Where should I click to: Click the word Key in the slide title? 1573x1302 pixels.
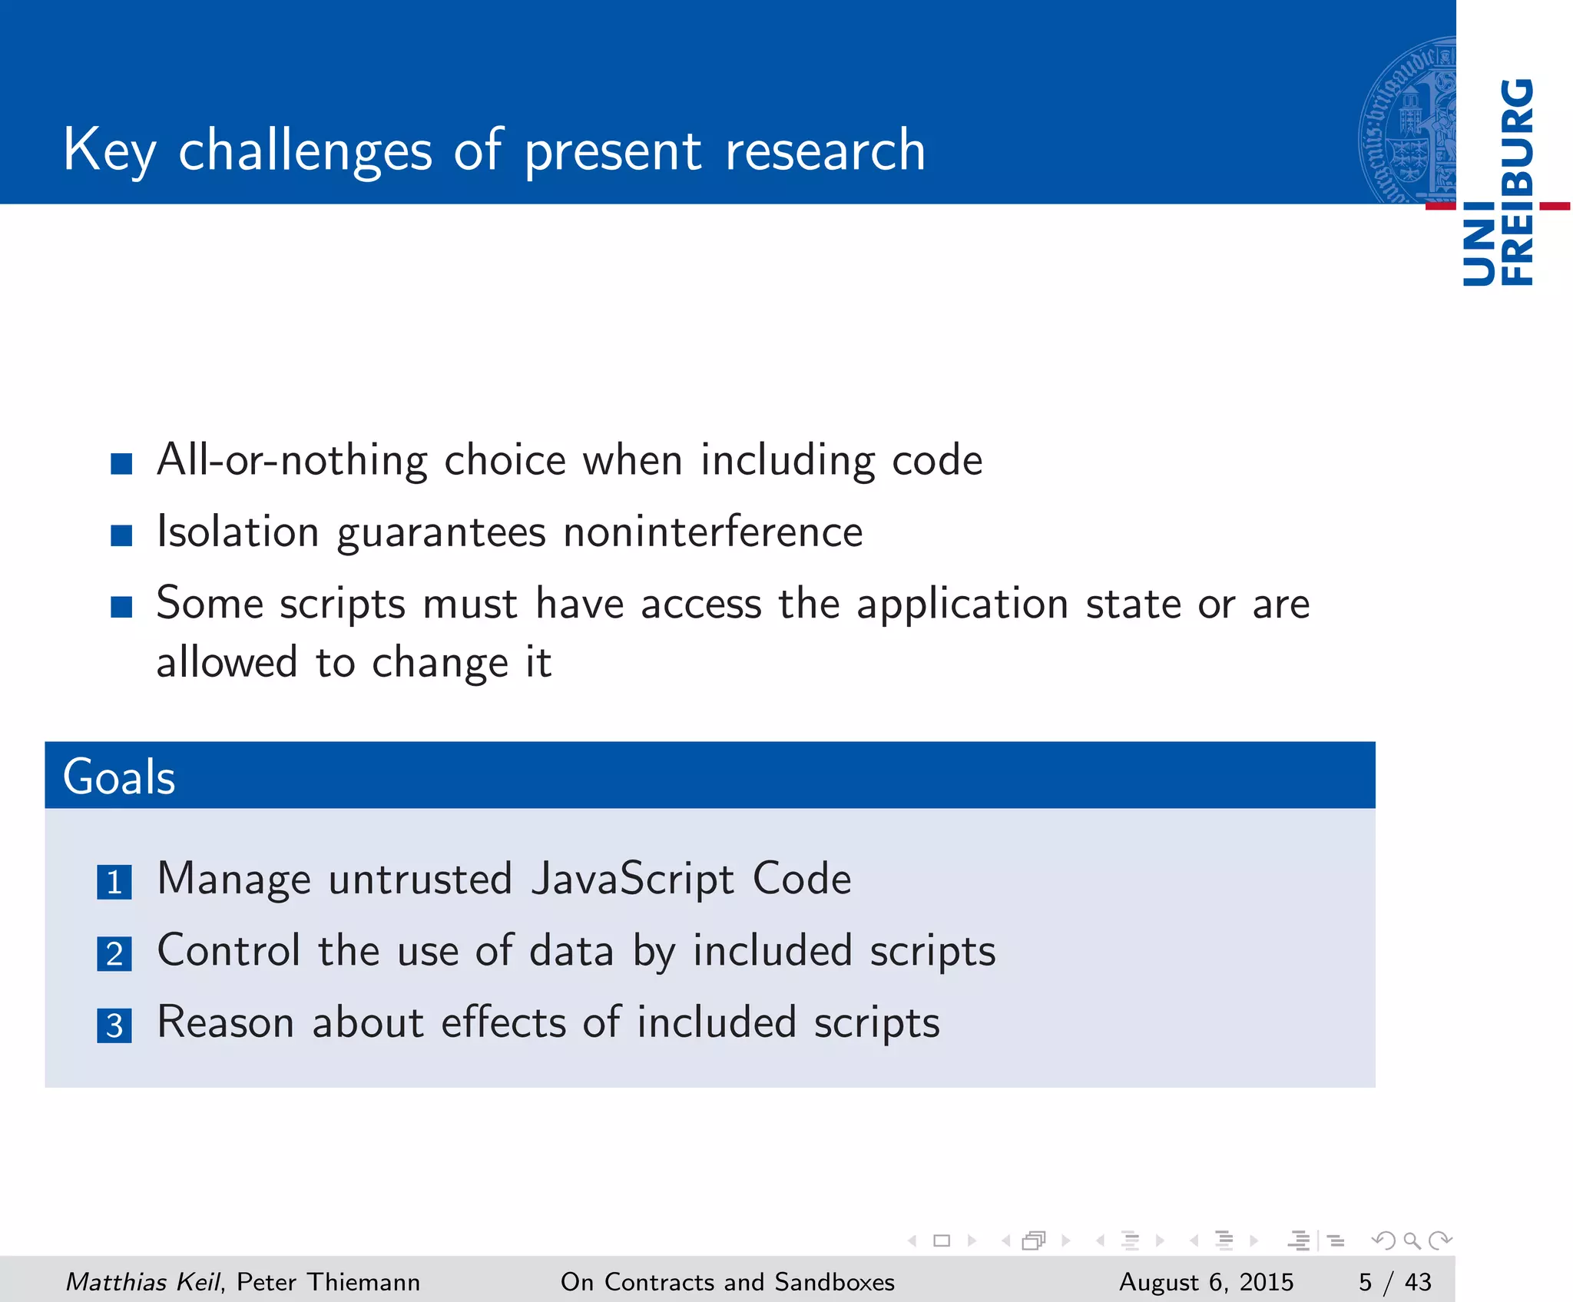(109, 151)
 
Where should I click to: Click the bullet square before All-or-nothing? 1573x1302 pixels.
(121, 463)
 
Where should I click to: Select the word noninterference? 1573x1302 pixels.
(713, 532)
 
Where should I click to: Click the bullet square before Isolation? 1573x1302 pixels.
(121, 535)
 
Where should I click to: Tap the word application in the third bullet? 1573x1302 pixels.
(962, 605)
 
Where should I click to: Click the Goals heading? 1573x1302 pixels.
(119, 777)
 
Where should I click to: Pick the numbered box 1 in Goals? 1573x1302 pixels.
(114, 882)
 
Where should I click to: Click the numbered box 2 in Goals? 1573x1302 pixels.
(114, 954)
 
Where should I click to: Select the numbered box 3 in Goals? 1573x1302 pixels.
(114, 1025)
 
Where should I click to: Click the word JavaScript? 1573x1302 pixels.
(632, 880)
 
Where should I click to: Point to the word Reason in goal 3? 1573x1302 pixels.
(226, 1022)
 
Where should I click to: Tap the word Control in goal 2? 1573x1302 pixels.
(228, 951)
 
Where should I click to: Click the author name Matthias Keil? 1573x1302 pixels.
(143, 1281)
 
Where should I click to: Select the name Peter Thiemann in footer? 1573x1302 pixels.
(328, 1281)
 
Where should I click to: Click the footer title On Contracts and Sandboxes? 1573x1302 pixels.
(727, 1281)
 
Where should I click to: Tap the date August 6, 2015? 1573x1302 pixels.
(1206, 1281)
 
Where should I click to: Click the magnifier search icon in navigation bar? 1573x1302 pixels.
(1411, 1240)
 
